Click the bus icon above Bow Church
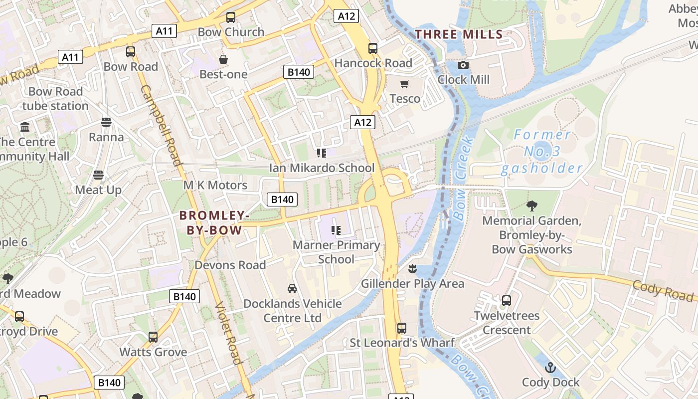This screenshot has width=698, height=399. [x=231, y=17]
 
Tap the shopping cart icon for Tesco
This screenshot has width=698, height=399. [x=405, y=84]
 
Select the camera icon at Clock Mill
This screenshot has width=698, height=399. [x=463, y=65]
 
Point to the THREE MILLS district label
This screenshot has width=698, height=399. [x=459, y=34]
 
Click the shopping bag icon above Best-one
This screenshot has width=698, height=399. [x=223, y=59]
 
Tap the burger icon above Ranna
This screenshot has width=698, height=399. [x=106, y=122]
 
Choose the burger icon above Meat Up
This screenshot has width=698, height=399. [x=98, y=175]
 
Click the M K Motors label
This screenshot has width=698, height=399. [x=215, y=185]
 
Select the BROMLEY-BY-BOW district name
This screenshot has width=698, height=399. [x=214, y=223]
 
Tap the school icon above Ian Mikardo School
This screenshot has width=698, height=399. [x=322, y=153]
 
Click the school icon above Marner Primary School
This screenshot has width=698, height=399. [x=336, y=230]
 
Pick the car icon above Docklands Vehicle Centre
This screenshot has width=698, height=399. [x=292, y=288]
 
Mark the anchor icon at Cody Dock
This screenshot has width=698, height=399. [x=550, y=368]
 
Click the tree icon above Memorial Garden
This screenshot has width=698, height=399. [x=532, y=205]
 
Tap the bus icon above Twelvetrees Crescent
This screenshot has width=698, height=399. [x=507, y=301]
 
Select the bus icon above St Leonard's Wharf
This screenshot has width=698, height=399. [x=402, y=328]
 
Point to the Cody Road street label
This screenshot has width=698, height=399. [x=663, y=291]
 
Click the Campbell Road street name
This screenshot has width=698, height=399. [x=161, y=125]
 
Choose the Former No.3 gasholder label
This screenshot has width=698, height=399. [x=542, y=151]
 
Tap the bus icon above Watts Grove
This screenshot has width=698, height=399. [x=153, y=337]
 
